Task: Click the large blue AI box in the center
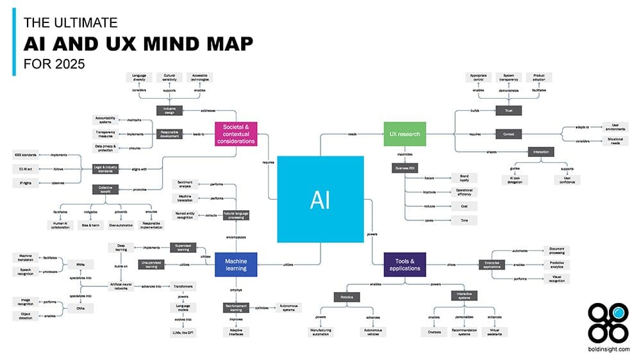coord(320,199)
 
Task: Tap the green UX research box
coord(404,134)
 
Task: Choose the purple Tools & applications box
coord(404,264)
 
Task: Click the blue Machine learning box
coord(236,264)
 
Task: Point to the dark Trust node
coord(508,111)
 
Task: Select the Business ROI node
coord(404,168)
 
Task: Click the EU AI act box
coord(22,168)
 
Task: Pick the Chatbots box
coord(428,331)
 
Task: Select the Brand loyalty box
coord(464,177)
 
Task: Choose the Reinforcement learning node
coord(236,307)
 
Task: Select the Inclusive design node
coord(169,111)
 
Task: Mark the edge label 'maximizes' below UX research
coord(404,154)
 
